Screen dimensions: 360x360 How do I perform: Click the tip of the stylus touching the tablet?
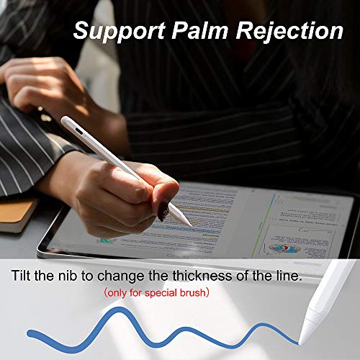[x=189, y=225]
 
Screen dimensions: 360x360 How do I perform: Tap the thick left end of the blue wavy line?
[x=32, y=334]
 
